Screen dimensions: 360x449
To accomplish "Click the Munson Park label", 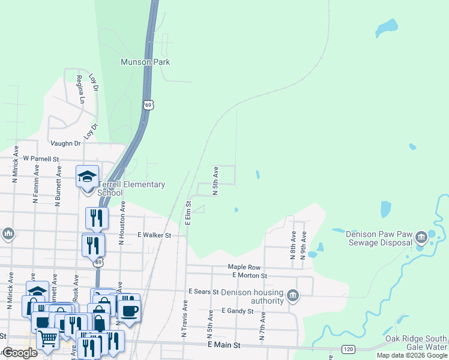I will (x=145, y=62).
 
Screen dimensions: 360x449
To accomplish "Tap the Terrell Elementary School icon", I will (x=87, y=176).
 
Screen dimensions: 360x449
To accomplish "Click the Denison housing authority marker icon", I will (x=292, y=295).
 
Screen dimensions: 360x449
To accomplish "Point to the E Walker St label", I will (x=154, y=235).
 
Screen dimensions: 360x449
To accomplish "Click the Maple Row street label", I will (x=244, y=266).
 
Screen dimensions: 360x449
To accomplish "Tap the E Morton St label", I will (x=249, y=275).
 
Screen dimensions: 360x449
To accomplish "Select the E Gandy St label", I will (x=238, y=311).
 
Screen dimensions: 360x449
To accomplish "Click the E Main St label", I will (x=224, y=346).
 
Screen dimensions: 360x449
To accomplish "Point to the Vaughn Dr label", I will (x=65, y=143).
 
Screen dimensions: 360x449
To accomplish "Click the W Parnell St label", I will (x=41, y=159).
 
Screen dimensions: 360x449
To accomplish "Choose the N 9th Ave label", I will (x=304, y=245).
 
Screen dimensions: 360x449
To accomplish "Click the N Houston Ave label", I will (x=122, y=223).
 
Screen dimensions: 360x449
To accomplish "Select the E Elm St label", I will (x=188, y=214).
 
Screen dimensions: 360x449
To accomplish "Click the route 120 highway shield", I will (x=348, y=349).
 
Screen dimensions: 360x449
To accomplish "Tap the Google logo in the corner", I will (x=19, y=353).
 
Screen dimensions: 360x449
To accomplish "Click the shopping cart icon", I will (x=47, y=338).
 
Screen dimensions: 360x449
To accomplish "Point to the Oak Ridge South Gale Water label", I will (x=424, y=343).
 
